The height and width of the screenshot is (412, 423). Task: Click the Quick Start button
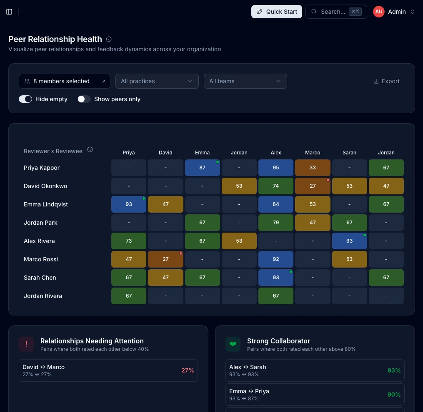[x=277, y=12]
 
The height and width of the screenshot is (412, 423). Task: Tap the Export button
[x=387, y=81]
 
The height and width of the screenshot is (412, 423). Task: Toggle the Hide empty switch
[x=25, y=99]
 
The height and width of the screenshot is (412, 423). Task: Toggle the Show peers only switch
[x=84, y=99]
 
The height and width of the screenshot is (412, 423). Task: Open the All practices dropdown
[x=157, y=81]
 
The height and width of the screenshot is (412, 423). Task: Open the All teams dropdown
[x=245, y=81]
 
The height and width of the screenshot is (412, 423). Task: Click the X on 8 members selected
[x=104, y=81]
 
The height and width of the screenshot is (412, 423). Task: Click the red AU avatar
[x=379, y=12]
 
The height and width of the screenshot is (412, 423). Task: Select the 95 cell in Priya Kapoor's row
[x=276, y=168]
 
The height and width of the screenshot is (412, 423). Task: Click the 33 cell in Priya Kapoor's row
[x=313, y=168]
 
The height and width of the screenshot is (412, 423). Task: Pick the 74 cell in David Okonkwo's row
[x=276, y=186]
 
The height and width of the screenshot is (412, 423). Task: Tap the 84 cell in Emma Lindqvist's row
[x=276, y=204]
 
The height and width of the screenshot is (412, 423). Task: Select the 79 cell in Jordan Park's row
[x=276, y=223]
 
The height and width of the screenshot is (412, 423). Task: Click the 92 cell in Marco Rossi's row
[x=276, y=259]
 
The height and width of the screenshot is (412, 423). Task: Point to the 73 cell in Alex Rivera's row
[x=129, y=241]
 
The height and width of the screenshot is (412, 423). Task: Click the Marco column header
[x=313, y=152]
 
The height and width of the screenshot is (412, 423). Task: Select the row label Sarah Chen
[x=40, y=278]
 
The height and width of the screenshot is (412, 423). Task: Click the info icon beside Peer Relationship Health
[x=109, y=39]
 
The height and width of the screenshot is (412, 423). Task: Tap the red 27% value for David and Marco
[x=188, y=370]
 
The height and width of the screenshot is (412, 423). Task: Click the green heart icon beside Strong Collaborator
[x=233, y=344]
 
